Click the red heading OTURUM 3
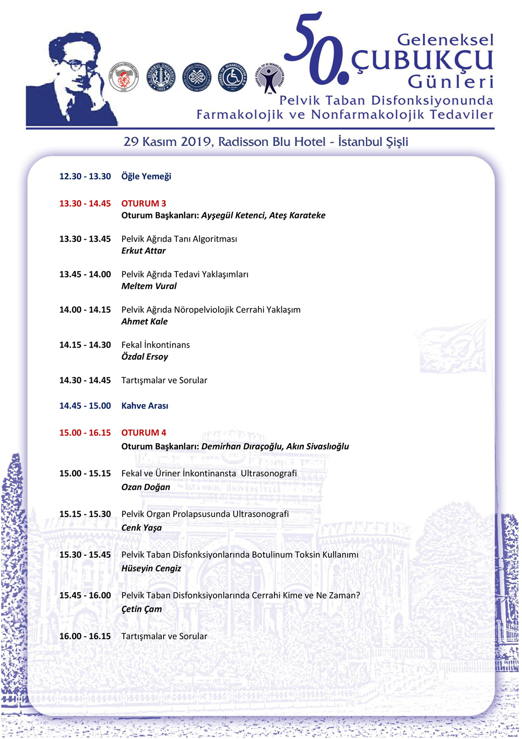(144, 203)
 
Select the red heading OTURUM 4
(144, 433)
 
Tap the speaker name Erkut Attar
(144, 251)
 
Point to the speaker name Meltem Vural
(149, 286)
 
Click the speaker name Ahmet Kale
(145, 321)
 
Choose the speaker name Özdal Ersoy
(145, 357)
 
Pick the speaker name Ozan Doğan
(146, 487)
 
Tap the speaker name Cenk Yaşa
(141, 528)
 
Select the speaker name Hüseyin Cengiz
(151, 569)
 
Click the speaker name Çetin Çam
(141, 609)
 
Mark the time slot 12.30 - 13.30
(85, 177)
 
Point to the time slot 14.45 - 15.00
(85, 406)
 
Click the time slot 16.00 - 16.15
(85, 637)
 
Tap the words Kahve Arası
(145, 406)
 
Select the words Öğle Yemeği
(146, 177)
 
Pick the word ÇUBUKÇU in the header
(422, 61)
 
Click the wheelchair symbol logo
(232, 78)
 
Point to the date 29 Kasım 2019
(168, 142)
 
